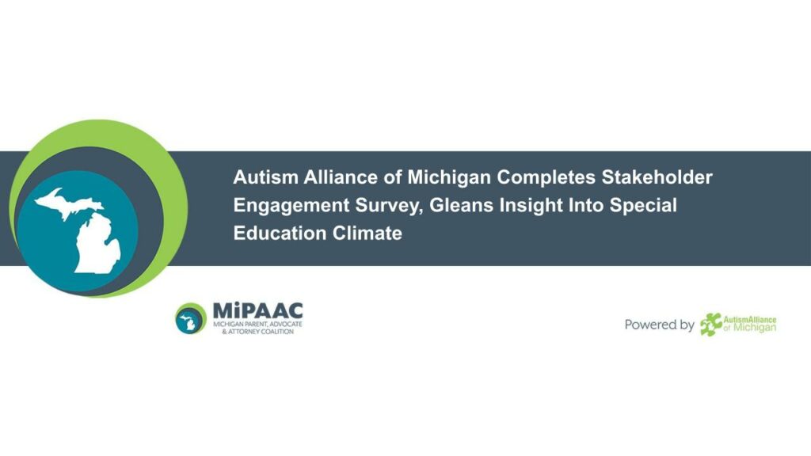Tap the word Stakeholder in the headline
pos(657,177)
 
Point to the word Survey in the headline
pos(390,206)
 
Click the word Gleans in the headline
pos(462,205)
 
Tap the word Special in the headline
pos(643,206)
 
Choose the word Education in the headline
pos(280,234)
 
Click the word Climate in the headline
pos(367,234)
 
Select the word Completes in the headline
pos(546,178)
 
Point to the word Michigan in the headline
pos(449,178)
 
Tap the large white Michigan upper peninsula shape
pos(67,203)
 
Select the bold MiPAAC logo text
pos(257,310)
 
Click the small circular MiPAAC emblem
pos(191,318)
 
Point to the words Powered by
pos(660,325)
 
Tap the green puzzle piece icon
pos(710,325)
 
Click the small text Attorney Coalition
pos(257,332)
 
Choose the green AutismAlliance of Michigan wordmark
pos(749,324)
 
